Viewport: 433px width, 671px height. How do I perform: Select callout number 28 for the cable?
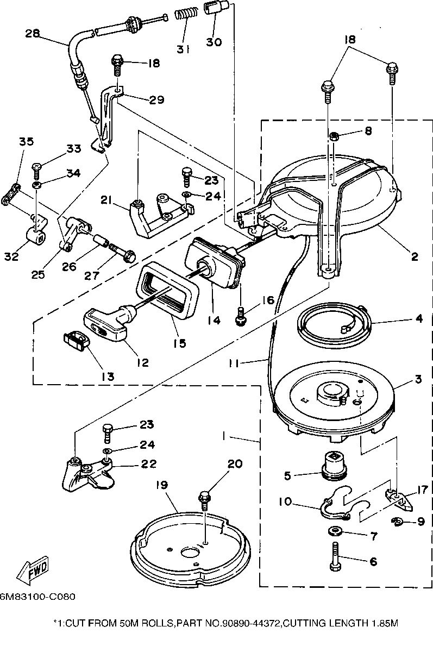pos(33,34)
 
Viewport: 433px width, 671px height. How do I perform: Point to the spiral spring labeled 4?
pos(332,327)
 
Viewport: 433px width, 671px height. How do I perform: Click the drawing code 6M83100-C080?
pos(37,596)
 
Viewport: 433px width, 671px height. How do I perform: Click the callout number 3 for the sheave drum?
pos(418,379)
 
